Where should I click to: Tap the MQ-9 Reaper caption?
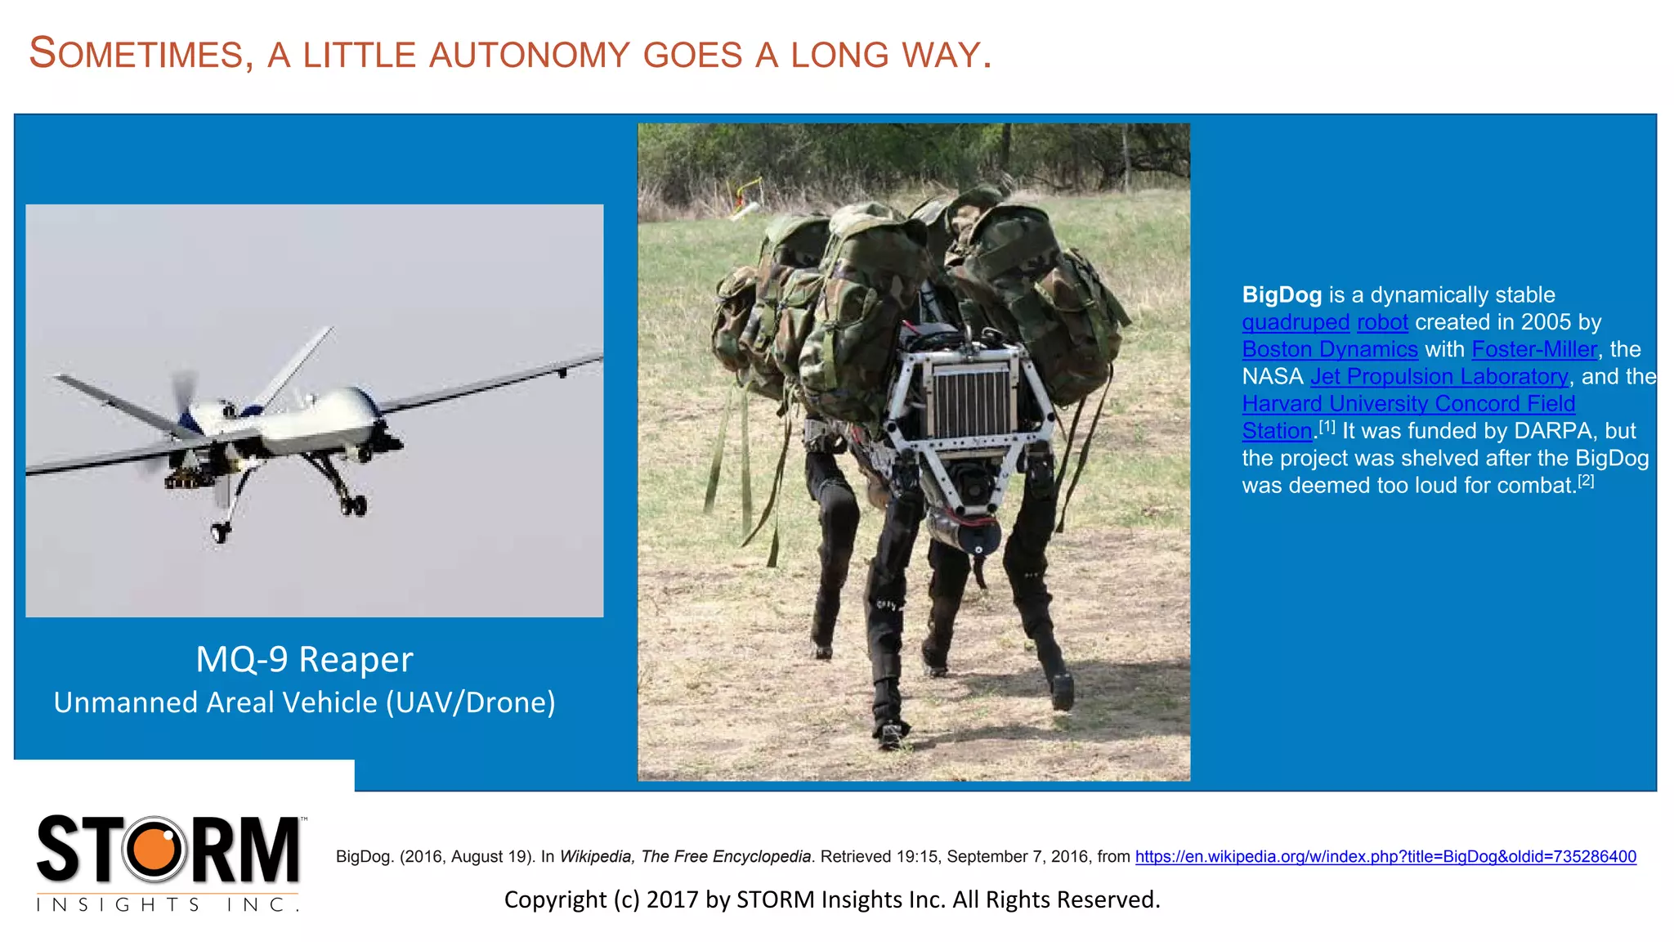304,659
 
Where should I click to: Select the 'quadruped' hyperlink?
1296,322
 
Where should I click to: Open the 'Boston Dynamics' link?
1329,349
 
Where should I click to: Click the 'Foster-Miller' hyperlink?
1533,349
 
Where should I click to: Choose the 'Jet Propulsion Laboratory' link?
1439,376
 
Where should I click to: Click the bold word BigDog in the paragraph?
1281,295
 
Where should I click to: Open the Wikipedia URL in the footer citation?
1385,856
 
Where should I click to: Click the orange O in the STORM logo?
154,849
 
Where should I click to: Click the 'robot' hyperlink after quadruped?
1382,322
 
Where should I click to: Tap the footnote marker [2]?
1586,481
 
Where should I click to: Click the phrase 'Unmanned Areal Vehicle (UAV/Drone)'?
304,702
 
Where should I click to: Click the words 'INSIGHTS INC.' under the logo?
168,904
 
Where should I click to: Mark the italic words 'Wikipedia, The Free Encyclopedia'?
685,856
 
